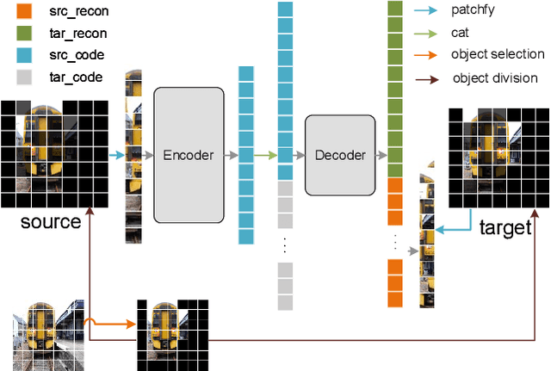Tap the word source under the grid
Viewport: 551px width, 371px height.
coord(51,221)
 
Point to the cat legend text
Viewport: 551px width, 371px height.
coord(461,34)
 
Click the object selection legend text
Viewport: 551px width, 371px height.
coord(498,55)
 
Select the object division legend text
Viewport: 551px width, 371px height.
coord(496,78)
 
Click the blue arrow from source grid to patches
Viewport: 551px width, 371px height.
coord(116,155)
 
